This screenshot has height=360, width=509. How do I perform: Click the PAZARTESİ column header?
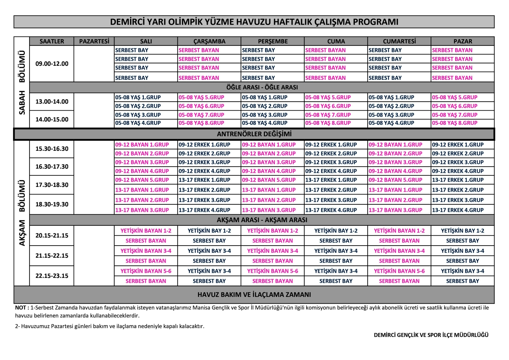[94, 41]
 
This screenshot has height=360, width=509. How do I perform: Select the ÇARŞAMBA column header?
[209, 41]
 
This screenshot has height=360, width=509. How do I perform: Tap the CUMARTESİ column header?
[399, 41]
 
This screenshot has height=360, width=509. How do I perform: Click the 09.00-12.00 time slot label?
[52, 64]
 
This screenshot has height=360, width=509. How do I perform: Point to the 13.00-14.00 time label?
[52, 102]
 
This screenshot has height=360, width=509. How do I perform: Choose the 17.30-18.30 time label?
[52, 185]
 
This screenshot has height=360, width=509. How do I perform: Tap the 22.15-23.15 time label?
[52, 276]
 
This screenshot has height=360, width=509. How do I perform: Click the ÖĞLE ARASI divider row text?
[262, 87]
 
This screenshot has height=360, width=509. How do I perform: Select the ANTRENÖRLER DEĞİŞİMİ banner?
[254, 134]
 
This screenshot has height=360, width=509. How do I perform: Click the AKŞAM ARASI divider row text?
[262, 220]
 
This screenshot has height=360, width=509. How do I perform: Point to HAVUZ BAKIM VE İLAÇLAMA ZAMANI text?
[254, 295]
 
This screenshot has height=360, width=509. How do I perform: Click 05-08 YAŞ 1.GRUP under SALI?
[138, 97]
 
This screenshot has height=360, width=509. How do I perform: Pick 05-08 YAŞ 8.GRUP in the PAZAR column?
[454, 123]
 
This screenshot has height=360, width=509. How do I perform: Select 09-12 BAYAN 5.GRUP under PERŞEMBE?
[269, 180]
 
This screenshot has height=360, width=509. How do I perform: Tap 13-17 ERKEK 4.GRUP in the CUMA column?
[331, 210]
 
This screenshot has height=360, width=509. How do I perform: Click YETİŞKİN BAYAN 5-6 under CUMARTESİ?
[399, 271]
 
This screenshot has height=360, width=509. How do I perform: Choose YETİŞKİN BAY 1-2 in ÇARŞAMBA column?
[209, 231]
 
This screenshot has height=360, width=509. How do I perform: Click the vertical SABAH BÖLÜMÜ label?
[22, 82]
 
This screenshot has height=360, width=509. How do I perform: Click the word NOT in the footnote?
[20, 308]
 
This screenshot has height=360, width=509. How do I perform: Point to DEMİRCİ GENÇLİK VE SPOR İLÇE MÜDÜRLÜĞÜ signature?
[431, 335]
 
